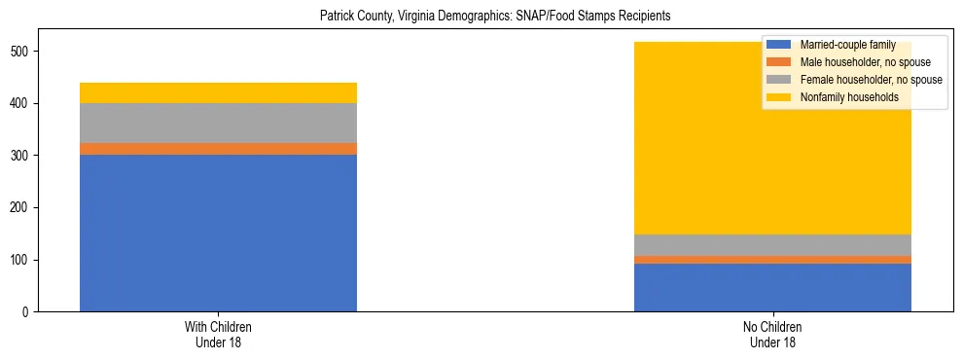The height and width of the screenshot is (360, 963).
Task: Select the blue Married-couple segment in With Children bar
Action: pyautogui.click(x=218, y=234)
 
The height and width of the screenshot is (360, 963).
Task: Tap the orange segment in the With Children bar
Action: pyautogui.click(x=218, y=149)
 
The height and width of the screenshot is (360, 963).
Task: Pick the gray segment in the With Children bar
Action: pyautogui.click(x=218, y=123)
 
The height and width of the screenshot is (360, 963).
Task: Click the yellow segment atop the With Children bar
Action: pyautogui.click(x=218, y=92)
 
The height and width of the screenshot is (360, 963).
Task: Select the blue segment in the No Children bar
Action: pyautogui.click(x=772, y=287)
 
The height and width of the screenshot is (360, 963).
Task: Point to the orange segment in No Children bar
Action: pyautogui.click(x=772, y=260)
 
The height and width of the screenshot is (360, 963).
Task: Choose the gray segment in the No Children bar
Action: pyautogui.click(x=772, y=244)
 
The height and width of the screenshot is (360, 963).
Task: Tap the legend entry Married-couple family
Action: pyautogui.click(x=847, y=45)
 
